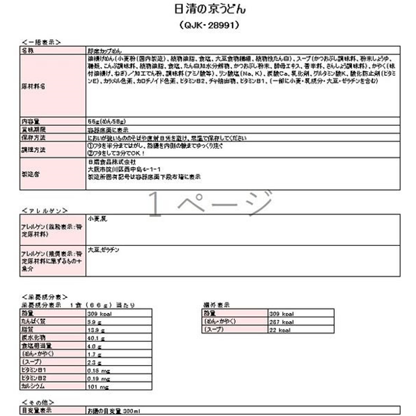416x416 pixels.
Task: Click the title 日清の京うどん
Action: coord(208,9)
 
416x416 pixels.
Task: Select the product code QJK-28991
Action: coord(208,24)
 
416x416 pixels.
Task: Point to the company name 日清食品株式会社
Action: coord(111,162)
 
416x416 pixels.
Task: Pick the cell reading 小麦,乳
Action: coord(97,219)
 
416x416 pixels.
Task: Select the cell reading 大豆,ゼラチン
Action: coord(104,250)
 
